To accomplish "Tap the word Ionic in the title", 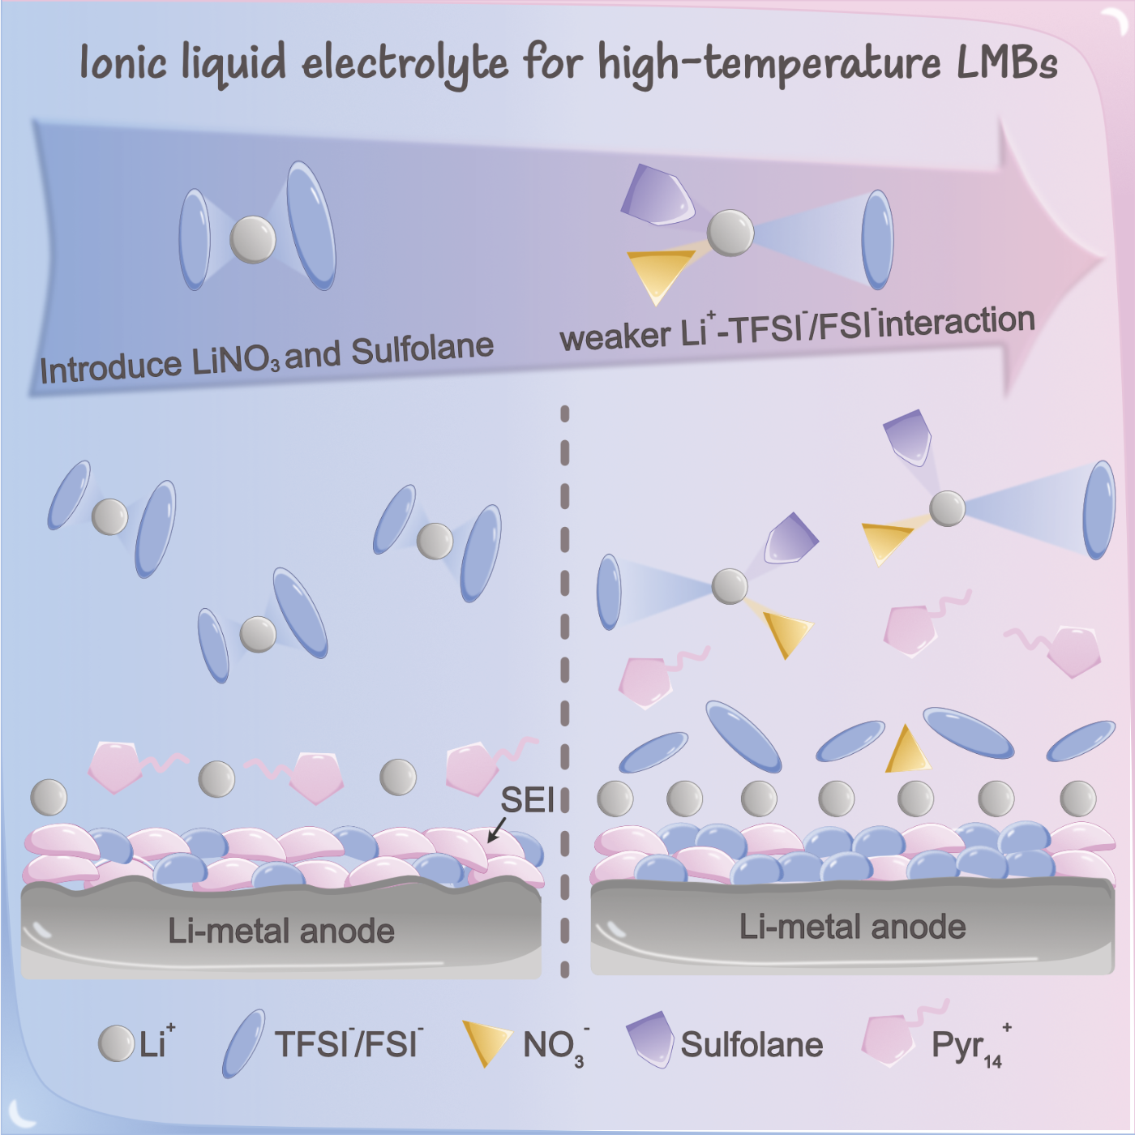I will click(x=123, y=62).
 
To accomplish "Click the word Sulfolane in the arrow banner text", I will click(x=422, y=350).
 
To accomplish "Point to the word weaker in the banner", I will click(x=615, y=336).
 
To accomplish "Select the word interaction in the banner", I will click(x=957, y=321).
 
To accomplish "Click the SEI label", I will click(x=527, y=800).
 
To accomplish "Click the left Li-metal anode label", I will click(x=281, y=931).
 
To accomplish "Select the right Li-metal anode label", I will click(x=852, y=927).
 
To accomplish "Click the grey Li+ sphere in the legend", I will click(x=116, y=1043).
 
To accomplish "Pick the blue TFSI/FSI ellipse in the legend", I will click(x=243, y=1043).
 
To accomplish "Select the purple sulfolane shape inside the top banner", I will click(x=657, y=195).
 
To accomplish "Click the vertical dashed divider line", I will click(x=565, y=689).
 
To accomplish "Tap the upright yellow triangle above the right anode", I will click(x=906, y=752).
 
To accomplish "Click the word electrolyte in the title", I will click(x=405, y=63).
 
